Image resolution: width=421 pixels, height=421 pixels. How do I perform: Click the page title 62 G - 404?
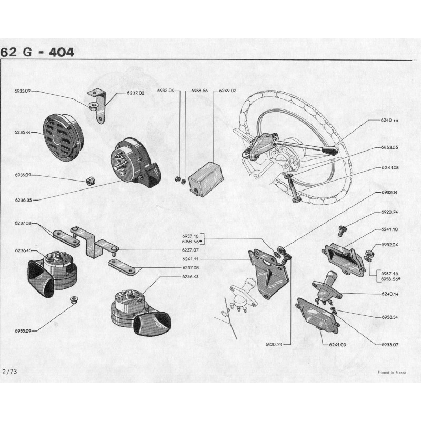(x=37, y=52)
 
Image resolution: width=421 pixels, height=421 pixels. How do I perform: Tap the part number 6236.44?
(x=23, y=133)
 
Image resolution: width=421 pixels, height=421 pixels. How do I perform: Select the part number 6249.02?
(x=228, y=91)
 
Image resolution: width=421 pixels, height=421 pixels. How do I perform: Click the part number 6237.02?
(x=136, y=93)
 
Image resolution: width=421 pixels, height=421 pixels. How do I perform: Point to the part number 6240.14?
(x=390, y=294)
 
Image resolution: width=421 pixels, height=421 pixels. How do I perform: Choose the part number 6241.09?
(x=337, y=345)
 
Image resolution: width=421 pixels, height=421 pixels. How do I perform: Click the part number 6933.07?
(x=390, y=345)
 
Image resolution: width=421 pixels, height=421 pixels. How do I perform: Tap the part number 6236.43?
(x=191, y=277)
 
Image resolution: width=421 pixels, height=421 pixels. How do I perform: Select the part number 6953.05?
(x=389, y=147)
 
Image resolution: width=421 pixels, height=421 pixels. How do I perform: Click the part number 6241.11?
(x=191, y=259)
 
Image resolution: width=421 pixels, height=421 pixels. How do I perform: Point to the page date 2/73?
(x=9, y=372)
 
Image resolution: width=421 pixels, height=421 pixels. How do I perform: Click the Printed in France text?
(x=392, y=373)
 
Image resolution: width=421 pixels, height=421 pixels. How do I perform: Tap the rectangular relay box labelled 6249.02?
(x=206, y=178)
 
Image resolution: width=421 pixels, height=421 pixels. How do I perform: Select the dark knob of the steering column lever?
(x=330, y=151)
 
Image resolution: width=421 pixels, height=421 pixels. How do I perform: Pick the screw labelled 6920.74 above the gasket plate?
(x=342, y=230)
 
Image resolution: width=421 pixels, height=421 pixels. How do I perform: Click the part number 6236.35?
(x=23, y=200)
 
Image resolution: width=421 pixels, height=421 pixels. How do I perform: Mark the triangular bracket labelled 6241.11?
(x=268, y=273)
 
